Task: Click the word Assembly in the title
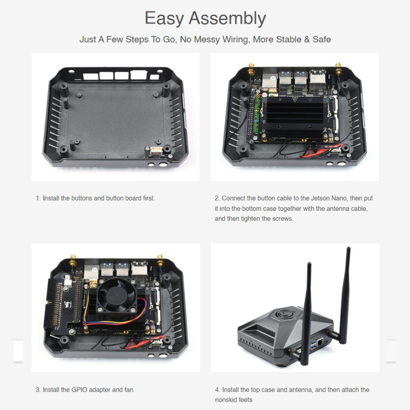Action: coord(227,19)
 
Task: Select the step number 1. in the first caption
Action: coord(38,198)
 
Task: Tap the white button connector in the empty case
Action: coord(155,150)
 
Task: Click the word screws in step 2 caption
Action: coord(282,218)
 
